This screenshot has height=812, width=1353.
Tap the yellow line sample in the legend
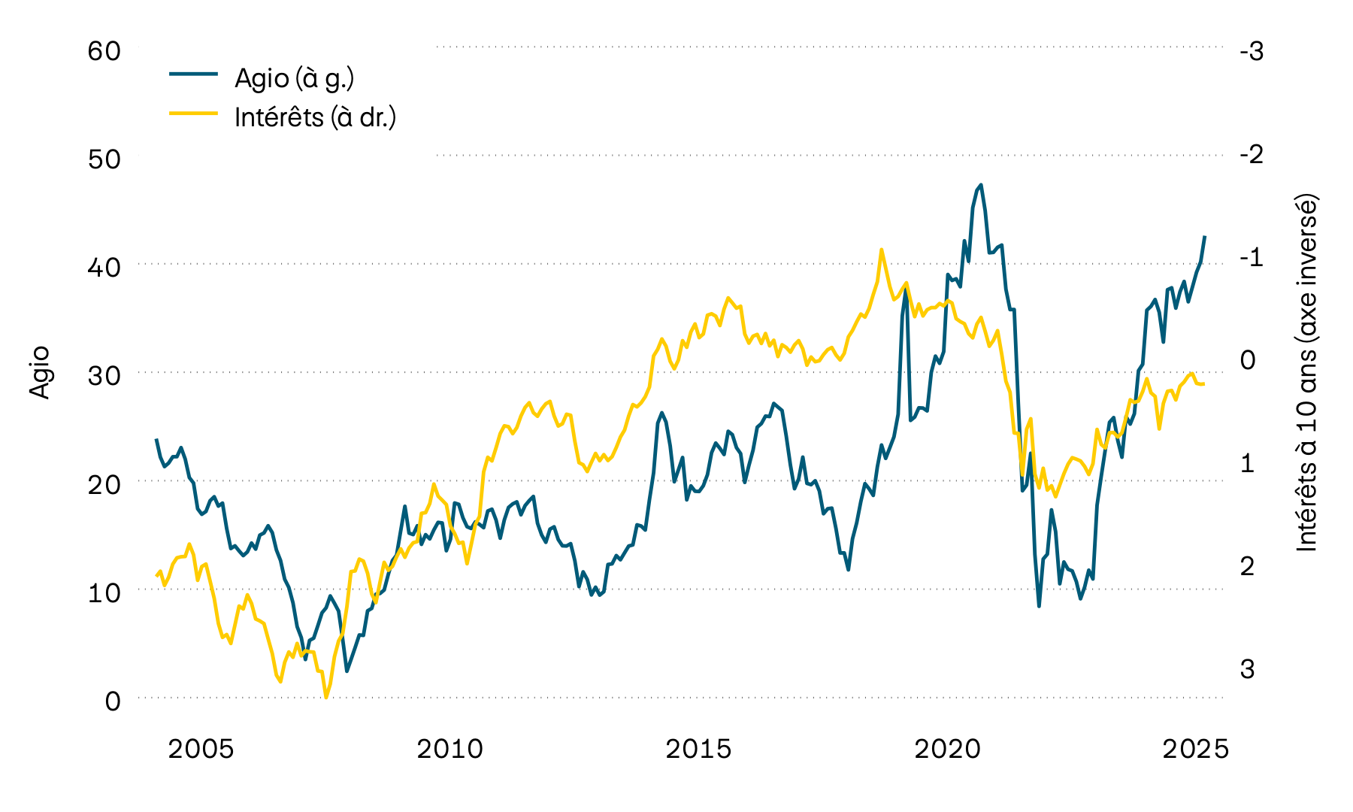(x=193, y=114)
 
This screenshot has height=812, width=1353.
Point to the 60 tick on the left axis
(x=104, y=51)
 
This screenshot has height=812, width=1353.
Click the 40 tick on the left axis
(x=104, y=267)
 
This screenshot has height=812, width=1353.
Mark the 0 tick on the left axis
(x=112, y=701)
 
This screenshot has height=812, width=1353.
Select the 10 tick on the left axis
(x=104, y=592)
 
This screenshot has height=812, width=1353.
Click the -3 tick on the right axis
(x=1252, y=51)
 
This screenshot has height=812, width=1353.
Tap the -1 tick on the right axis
(x=1252, y=257)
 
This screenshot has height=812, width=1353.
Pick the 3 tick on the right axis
(x=1247, y=668)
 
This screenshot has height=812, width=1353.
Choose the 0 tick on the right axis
(x=1247, y=360)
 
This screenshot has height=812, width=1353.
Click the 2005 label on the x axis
(x=201, y=749)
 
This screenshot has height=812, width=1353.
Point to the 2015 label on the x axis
(x=698, y=749)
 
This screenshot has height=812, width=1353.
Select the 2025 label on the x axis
(x=1195, y=749)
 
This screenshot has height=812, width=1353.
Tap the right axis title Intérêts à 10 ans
(x=1307, y=374)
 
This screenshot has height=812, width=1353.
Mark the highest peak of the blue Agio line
(x=981, y=185)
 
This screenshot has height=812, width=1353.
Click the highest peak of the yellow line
(x=881, y=250)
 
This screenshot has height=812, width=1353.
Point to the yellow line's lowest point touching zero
(x=326, y=697)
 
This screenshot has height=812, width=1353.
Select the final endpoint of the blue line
(x=1205, y=237)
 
